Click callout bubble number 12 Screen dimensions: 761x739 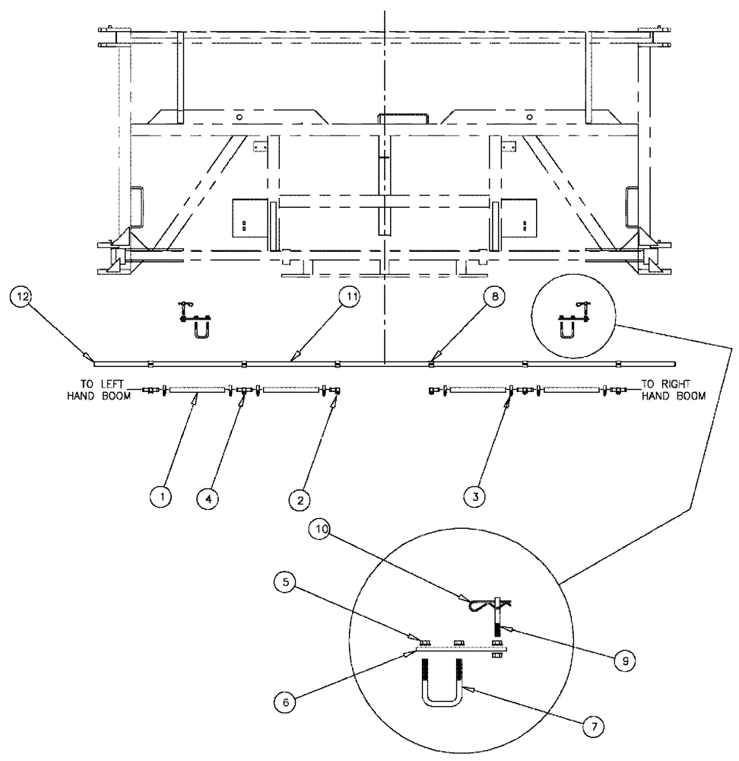click(21, 296)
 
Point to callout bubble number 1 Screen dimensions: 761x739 click(160, 498)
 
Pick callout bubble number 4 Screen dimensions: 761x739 click(206, 498)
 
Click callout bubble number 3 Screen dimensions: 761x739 click(477, 498)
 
